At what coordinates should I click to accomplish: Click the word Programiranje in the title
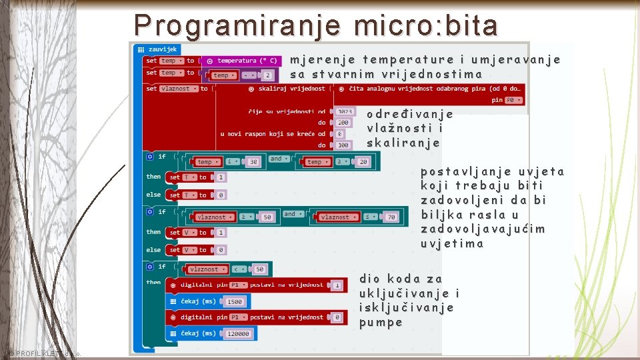click(237, 25)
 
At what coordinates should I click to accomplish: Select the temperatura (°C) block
click(244, 61)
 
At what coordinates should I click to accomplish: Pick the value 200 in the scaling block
click(343, 123)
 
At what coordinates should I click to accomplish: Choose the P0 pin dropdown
click(511, 100)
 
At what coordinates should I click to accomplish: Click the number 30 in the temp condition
click(252, 161)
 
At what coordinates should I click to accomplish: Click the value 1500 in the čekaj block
click(235, 301)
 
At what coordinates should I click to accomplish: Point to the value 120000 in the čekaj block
click(237, 333)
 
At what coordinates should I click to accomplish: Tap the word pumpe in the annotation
click(381, 323)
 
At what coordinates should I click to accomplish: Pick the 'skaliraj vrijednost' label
click(295, 89)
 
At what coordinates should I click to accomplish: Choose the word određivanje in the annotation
click(409, 113)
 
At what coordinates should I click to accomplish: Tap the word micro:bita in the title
click(427, 25)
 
